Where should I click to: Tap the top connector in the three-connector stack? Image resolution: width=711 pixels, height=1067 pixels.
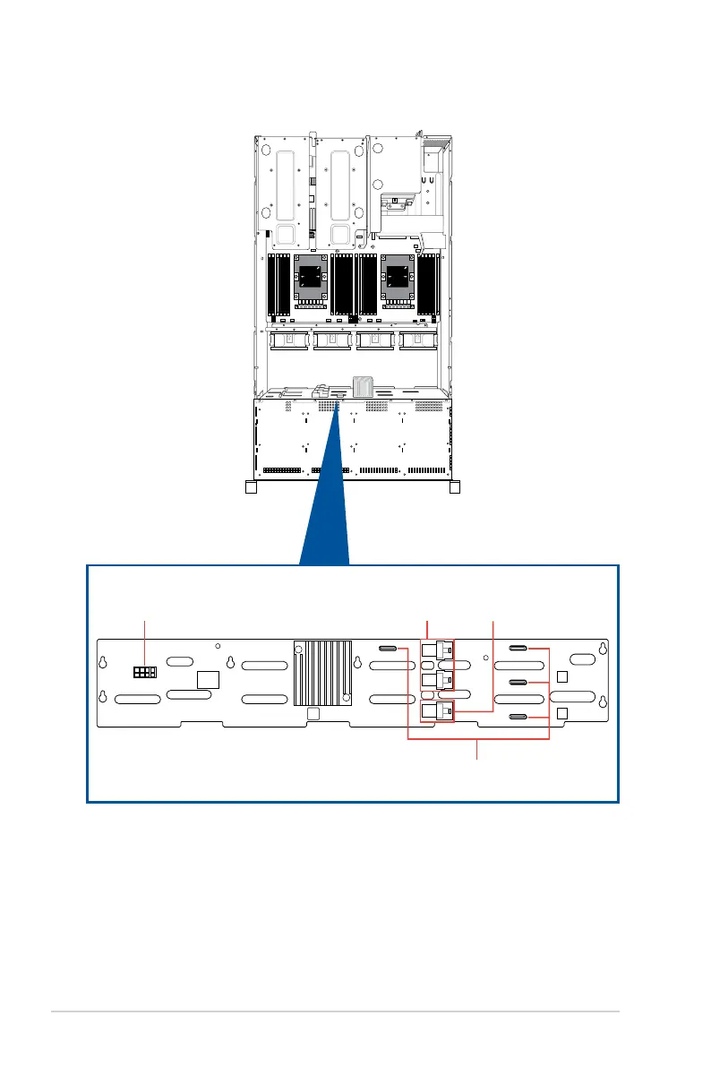click(436, 650)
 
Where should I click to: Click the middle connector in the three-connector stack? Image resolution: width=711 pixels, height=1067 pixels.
click(436, 681)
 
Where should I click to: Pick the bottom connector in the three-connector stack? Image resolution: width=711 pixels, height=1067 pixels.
click(436, 711)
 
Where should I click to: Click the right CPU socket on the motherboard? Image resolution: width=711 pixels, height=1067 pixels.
click(395, 277)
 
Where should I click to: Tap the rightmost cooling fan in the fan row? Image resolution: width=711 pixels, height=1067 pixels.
click(417, 340)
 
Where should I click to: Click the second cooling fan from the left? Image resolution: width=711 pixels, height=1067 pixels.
click(330, 340)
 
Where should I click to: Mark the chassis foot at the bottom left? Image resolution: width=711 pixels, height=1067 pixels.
click(251, 488)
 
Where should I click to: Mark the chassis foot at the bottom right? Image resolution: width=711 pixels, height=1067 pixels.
click(454, 488)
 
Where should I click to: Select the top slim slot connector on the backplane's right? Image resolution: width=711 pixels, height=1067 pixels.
click(518, 647)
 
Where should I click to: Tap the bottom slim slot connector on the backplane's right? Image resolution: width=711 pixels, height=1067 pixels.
click(518, 718)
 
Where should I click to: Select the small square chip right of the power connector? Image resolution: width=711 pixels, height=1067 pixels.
click(209, 678)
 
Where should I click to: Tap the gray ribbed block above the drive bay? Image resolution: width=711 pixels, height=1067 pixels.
click(364, 386)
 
